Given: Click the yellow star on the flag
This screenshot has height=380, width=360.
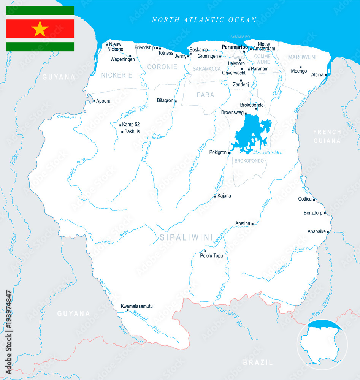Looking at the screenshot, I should (x=40, y=28).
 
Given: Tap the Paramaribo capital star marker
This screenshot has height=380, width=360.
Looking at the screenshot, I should (x=244, y=51).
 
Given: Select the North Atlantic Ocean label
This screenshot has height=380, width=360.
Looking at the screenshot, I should (x=204, y=20).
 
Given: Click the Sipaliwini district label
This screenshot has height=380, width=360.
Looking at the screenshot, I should (x=186, y=237).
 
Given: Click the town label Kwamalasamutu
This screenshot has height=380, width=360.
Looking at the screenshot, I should (x=137, y=306).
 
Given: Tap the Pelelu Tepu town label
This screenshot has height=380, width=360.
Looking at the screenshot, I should (x=211, y=256).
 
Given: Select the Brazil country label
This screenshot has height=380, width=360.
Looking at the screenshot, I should (x=258, y=363).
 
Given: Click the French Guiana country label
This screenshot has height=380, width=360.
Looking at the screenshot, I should (x=327, y=136).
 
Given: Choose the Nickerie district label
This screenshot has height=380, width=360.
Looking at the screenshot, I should (x=117, y=75).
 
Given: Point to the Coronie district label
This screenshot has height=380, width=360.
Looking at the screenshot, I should (x=162, y=67).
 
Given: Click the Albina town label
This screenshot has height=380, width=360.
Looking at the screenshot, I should (x=317, y=75).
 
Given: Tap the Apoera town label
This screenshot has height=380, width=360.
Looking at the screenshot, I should (x=103, y=101).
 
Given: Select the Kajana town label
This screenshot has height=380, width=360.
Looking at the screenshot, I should (x=224, y=196).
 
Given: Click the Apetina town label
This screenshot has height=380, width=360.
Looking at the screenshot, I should (x=243, y=223).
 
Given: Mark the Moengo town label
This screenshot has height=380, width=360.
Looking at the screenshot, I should (x=299, y=71).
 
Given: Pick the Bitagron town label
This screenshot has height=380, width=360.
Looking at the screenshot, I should (x=165, y=101).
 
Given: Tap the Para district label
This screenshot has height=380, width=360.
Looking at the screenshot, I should (x=205, y=95).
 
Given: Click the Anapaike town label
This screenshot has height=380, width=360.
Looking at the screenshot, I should (x=316, y=231).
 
